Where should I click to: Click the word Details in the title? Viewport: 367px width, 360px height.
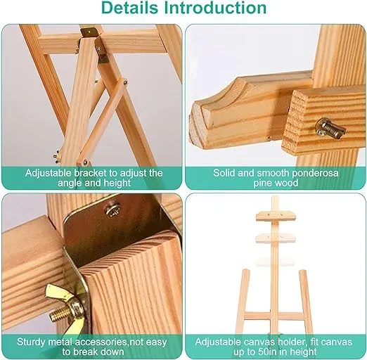point(130,8)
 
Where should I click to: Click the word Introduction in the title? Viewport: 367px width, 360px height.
point(215,8)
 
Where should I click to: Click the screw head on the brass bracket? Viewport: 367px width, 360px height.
point(112,208)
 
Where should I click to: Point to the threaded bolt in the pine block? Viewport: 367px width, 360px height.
point(330,128)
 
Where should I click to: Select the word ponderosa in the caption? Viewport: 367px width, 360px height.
point(315,173)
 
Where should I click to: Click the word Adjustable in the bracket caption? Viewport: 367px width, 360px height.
point(48,173)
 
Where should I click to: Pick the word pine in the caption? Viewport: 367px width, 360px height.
point(262,183)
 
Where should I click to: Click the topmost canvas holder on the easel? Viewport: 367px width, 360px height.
point(276,216)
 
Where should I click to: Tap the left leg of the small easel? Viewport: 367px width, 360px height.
point(243,302)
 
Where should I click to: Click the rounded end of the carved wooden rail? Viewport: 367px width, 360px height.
point(199,125)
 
